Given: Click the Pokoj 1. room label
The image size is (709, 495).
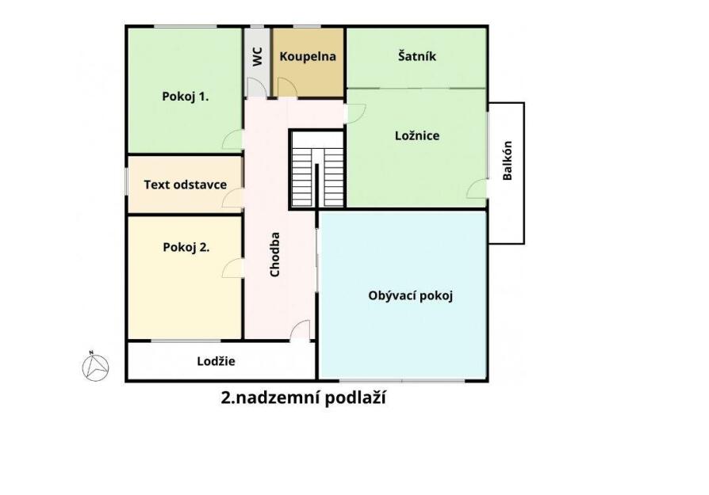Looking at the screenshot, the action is (x=186, y=97).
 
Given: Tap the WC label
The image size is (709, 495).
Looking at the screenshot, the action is (x=257, y=56).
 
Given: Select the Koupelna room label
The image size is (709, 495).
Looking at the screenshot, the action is (x=308, y=56).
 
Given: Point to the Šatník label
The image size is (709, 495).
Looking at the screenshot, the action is (x=417, y=56).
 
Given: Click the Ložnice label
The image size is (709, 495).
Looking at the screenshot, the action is (x=417, y=135).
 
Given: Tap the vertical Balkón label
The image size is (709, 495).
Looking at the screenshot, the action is (x=508, y=160).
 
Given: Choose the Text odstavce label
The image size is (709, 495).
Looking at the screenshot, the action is (x=186, y=185).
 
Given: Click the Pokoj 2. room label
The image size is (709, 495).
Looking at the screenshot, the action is (x=186, y=247).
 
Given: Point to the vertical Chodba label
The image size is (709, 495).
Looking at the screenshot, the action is (x=274, y=254).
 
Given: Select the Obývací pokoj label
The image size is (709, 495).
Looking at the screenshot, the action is (x=411, y=296).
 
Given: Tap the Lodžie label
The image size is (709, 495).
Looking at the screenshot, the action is (x=217, y=361).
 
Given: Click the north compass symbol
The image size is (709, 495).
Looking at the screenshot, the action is (x=95, y=366).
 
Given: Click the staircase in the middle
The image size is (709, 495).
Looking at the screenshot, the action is (x=317, y=169).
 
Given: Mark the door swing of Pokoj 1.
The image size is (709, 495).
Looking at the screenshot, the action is (x=232, y=139).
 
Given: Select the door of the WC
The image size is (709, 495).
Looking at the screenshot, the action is (x=256, y=88).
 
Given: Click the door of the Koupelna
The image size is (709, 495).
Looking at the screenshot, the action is (x=287, y=88).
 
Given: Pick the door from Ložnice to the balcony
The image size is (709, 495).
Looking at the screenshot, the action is (x=477, y=188).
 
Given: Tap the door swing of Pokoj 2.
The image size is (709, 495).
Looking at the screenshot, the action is (x=232, y=268).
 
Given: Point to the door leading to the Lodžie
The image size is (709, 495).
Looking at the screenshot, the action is (x=301, y=330).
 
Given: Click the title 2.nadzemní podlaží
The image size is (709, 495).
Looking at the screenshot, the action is (x=304, y=398).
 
